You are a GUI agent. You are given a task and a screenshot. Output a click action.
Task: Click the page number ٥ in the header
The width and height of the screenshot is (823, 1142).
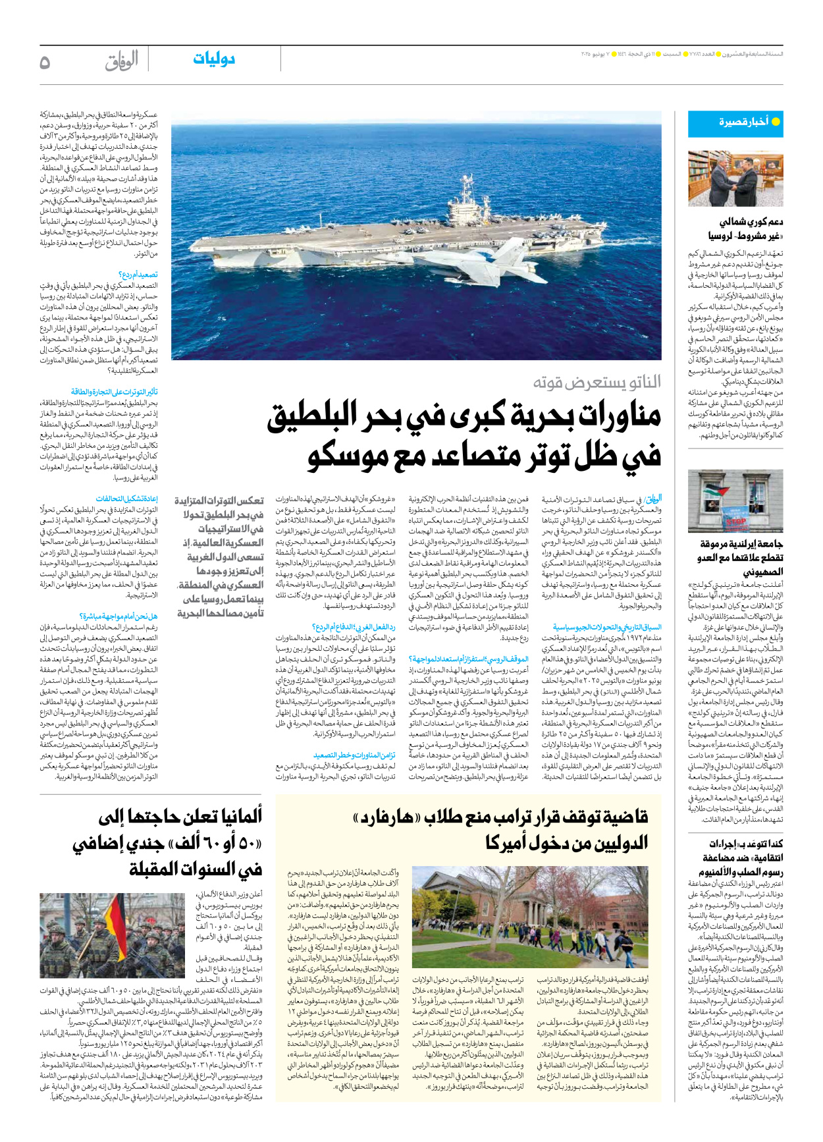click(45, 62)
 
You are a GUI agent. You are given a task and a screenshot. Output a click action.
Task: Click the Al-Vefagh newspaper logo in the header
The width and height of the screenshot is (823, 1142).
click(122, 61)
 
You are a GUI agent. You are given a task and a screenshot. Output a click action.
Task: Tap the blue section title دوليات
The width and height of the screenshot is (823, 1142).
click(214, 59)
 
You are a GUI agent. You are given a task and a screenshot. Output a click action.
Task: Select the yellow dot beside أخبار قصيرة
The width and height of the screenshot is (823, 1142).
click(775, 122)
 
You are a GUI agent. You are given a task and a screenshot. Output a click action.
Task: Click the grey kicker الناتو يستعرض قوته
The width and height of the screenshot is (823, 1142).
click(597, 382)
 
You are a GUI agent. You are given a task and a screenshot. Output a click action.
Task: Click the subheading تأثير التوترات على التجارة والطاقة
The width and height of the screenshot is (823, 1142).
click(115, 392)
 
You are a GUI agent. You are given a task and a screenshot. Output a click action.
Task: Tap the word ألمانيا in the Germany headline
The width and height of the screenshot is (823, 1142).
click(234, 817)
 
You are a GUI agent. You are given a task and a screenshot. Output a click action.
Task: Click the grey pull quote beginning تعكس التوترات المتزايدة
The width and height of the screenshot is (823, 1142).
click(220, 557)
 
